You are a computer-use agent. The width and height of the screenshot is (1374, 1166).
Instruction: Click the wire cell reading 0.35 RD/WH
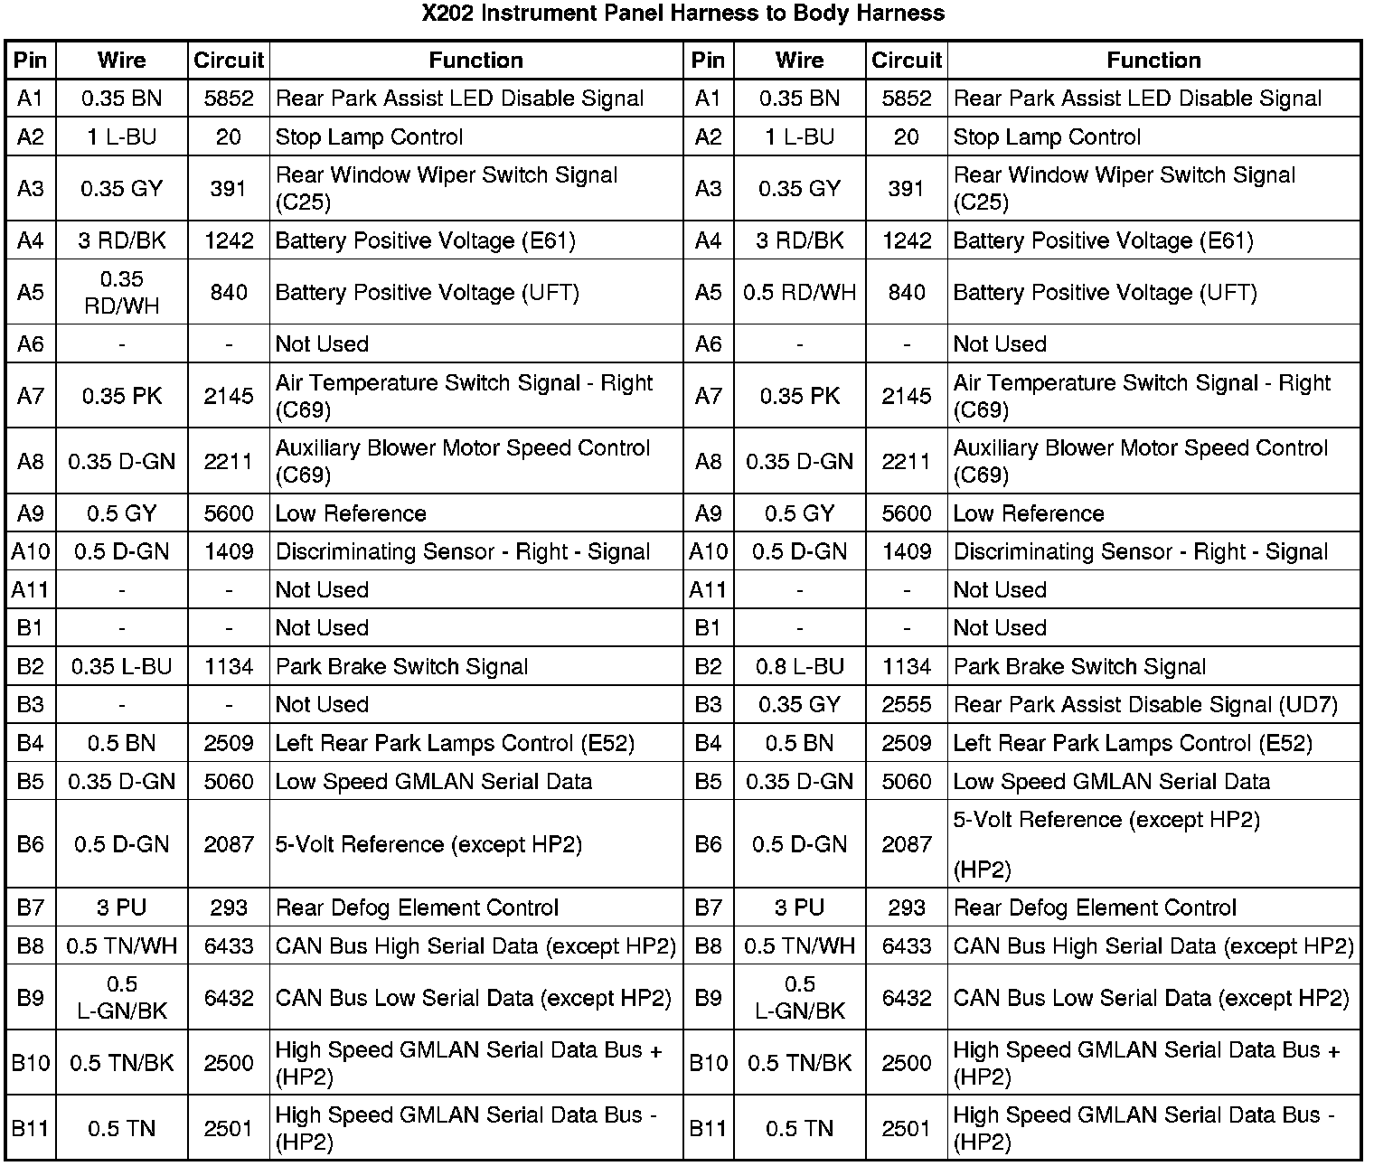121,292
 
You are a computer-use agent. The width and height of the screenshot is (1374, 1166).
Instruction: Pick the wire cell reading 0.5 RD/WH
799,292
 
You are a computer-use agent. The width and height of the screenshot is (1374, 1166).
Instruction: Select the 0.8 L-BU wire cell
799,666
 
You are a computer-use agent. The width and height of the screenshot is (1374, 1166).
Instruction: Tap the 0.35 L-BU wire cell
121,666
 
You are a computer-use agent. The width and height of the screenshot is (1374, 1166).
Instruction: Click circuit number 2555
906,704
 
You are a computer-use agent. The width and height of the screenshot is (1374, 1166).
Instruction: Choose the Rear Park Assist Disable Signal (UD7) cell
1145,704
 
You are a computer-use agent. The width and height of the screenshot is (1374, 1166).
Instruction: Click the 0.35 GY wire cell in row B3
799,704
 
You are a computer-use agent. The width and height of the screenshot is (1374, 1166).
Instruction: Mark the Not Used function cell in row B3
322,704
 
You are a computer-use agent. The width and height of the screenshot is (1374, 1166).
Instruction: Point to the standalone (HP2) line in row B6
982,870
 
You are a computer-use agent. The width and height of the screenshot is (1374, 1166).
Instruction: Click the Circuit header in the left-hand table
229,61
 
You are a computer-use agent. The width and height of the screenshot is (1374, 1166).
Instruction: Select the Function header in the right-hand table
1153,61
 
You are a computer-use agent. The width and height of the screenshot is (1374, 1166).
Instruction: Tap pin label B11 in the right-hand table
709,1128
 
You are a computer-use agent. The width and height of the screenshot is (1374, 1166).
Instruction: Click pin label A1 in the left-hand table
31,99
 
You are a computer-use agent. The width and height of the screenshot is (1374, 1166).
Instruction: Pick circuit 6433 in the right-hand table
906,945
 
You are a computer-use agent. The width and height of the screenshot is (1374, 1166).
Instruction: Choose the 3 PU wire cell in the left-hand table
121,907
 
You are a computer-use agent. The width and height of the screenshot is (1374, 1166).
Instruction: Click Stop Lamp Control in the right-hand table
1047,137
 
